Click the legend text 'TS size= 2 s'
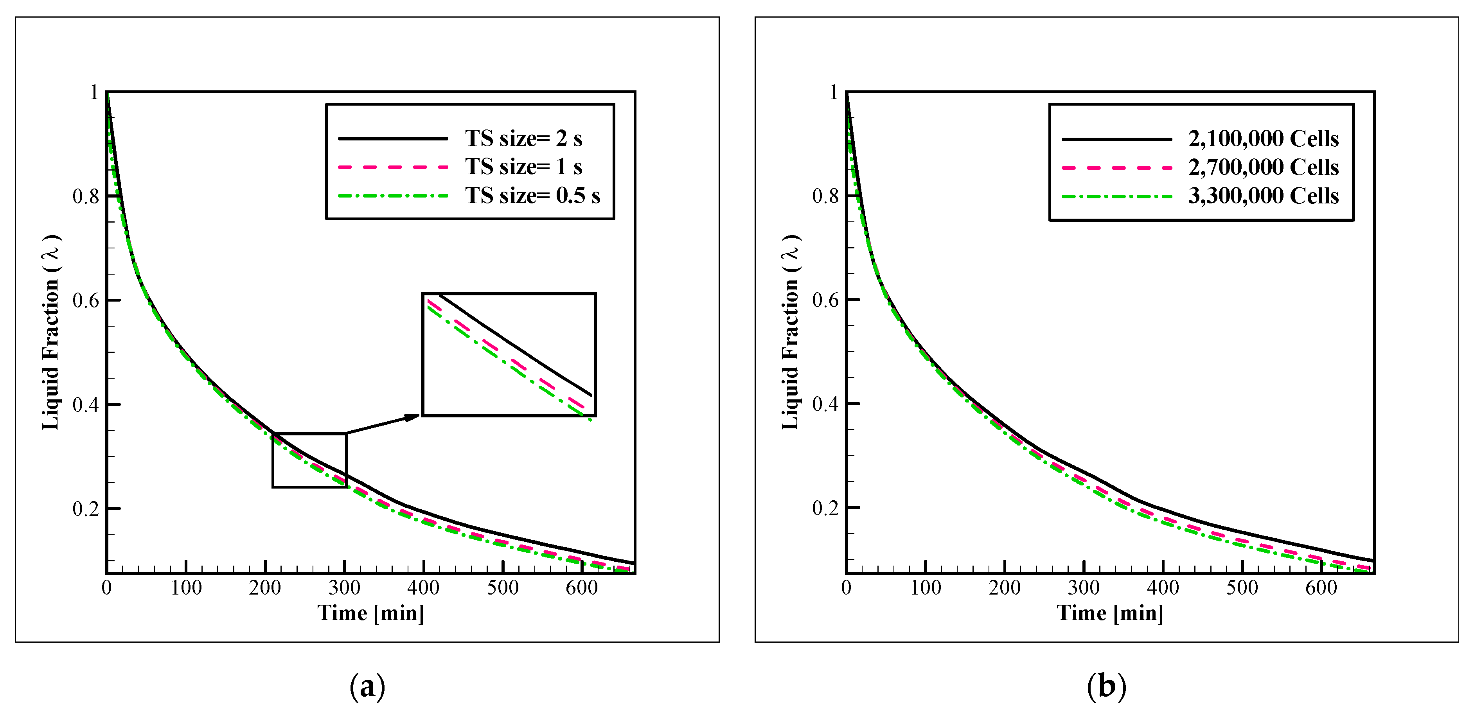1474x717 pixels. [x=523, y=138]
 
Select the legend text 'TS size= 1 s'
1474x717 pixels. [x=523, y=167]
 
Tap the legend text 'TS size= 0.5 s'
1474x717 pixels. [x=532, y=196]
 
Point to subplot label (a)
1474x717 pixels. [x=367, y=686]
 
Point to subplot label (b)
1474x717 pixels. [x=1106, y=686]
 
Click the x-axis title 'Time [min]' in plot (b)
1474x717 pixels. [x=1109, y=613]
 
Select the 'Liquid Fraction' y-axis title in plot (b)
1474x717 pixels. [x=791, y=332]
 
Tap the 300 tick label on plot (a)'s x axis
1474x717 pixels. [x=345, y=588]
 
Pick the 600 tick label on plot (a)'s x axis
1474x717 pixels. [x=581, y=588]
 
